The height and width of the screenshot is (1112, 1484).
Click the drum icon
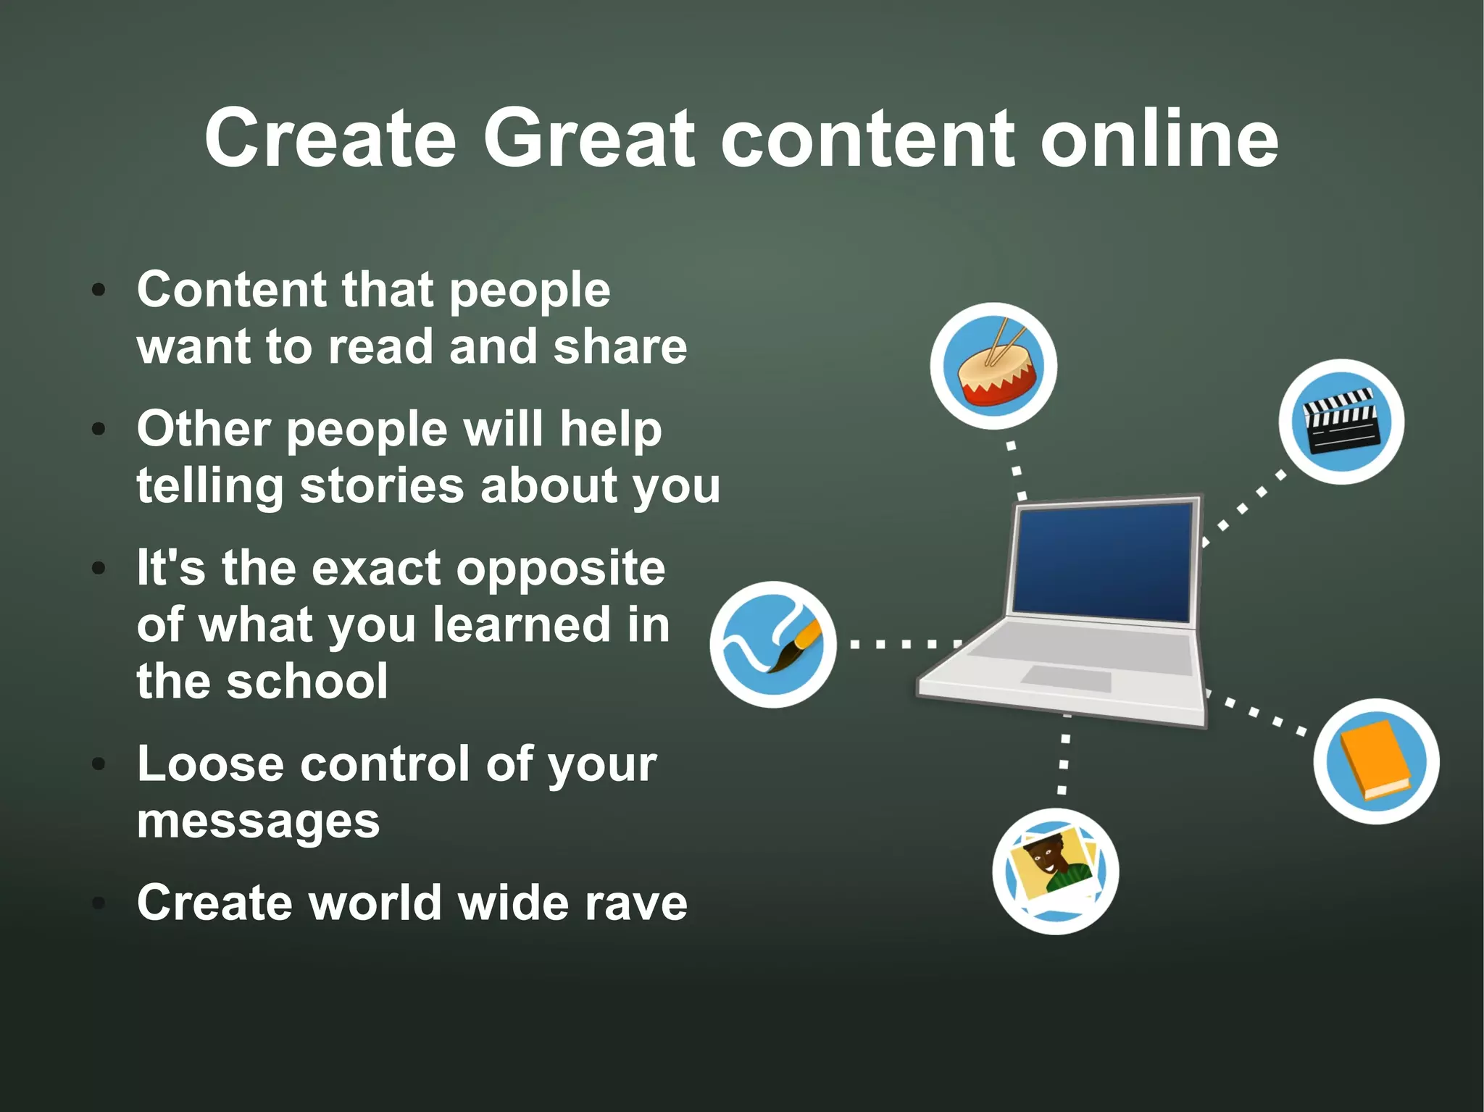[993, 366]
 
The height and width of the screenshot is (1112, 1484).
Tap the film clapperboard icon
[1341, 422]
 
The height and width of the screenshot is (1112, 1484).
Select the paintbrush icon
[773, 644]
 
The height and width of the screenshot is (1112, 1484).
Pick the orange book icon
[1376, 761]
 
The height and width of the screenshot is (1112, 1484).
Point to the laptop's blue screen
[1102, 561]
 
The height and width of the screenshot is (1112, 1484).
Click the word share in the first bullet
[620, 346]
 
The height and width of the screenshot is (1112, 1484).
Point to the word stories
[381, 485]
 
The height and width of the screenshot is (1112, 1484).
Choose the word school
[307, 681]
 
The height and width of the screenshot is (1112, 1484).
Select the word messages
[258, 821]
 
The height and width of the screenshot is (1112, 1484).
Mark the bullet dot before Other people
[99, 429]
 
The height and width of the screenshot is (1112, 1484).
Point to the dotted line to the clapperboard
[1242, 509]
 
